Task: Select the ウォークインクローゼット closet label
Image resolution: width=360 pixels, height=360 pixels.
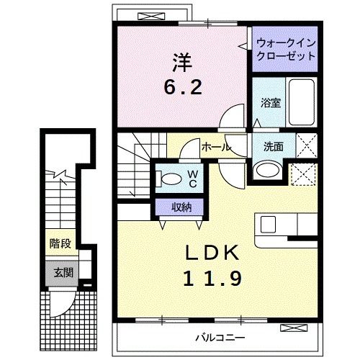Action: (x=284, y=49)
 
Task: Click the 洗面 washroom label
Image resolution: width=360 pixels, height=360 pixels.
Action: (x=274, y=146)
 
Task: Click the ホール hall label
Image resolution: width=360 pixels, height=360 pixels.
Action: (x=215, y=147)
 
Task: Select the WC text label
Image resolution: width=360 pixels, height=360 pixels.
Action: (x=194, y=178)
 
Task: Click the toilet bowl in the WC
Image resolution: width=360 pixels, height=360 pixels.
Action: (x=171, y=179)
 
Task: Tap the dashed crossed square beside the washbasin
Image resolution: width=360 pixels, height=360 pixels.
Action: (x=301, y=172)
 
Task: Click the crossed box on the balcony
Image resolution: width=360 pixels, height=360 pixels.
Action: (x=292, y=328)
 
